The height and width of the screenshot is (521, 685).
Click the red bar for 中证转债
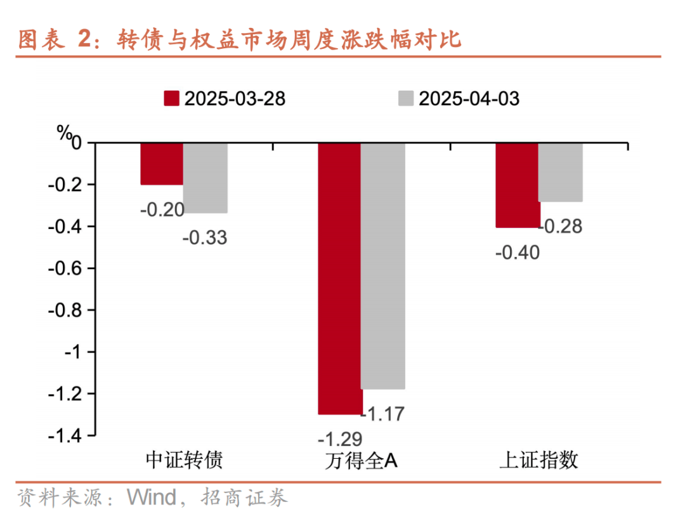162,164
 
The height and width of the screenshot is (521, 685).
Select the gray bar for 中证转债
205,178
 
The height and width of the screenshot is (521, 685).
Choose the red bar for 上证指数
517,185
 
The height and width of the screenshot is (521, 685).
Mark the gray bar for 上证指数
560,172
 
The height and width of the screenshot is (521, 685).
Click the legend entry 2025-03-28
225,98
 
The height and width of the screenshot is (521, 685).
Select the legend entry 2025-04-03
459,98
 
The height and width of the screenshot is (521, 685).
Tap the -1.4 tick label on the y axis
66,435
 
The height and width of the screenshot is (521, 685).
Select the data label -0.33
204,238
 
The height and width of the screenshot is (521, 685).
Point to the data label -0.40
517,253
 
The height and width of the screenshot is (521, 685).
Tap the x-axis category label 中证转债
184,460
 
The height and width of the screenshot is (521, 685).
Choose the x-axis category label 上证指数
539,460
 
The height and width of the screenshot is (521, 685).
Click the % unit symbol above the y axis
65,132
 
